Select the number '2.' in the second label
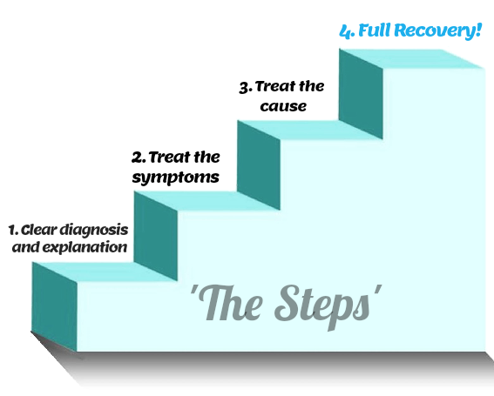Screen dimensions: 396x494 pyautogui.click(x=138, y=158)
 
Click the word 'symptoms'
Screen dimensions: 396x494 pyautogui.click(x=173, y=178)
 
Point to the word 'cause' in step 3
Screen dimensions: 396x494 pyautogui.click(x=287, y=105)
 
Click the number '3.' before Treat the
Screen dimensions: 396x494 pyautogui.click(x=245, y=86)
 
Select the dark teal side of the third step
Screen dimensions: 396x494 pyautogui.click(x=257, y=161)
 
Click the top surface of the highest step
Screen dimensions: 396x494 pyautogui.click(x=418, y=58)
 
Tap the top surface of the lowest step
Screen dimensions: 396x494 pyautogui.click(x=105, y=272)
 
